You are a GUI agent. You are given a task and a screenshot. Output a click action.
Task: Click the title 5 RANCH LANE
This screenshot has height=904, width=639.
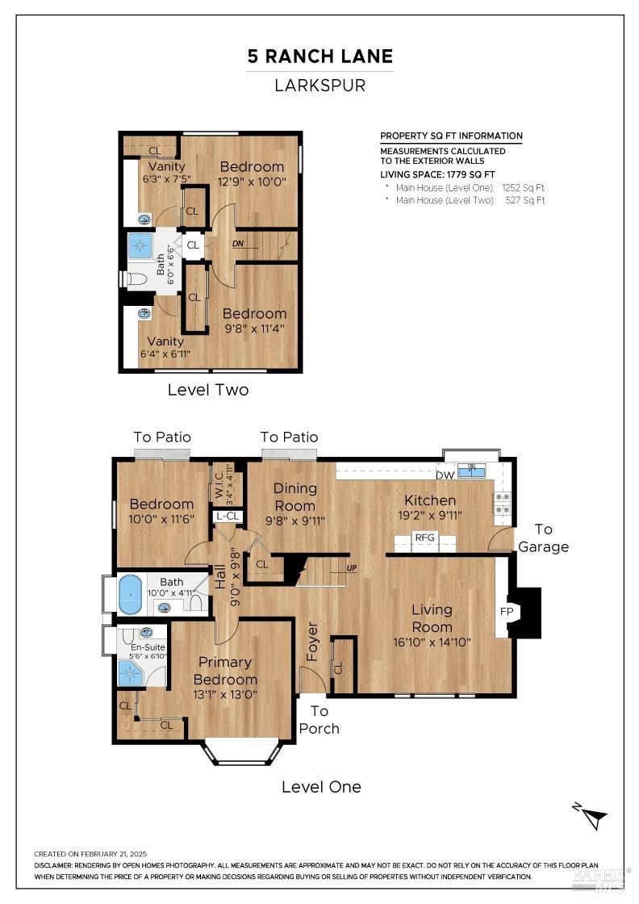click(x=320, y=56)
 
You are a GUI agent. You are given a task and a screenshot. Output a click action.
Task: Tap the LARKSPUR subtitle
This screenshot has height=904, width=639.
click(x=320, y=85)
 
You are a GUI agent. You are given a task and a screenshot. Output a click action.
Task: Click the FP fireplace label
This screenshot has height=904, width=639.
click(x=507, y=612)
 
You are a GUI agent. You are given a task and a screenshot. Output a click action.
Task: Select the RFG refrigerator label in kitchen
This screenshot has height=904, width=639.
click(x=424, y=537)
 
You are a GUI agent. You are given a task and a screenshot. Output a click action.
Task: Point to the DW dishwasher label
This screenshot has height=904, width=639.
click(x=445, y=475)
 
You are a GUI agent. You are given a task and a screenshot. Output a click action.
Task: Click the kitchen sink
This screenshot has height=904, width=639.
click(x=472, y=471)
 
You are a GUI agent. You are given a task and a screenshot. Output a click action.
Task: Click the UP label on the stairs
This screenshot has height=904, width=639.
click(x=351, y=568)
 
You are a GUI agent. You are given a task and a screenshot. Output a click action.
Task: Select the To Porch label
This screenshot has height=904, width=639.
click(x=319, y=720)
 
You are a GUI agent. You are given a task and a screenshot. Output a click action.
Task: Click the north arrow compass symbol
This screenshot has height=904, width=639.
click(x=589, y=815)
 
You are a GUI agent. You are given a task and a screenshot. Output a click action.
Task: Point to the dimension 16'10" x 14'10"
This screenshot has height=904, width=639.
click(x=431, y=642)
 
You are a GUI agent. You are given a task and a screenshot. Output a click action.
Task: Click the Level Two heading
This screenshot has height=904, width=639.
click(x=208, y=390)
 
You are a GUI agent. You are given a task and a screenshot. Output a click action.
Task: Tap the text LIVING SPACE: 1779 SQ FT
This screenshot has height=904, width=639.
click(x=437, y=174)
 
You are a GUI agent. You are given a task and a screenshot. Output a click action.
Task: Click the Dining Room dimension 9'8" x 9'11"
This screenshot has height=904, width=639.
click(x=294, y=521)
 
